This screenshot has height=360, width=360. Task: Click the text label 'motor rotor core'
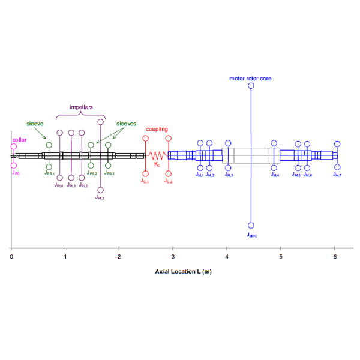pyautogui.click(x=250, y=78)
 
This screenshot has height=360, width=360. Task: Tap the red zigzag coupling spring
pyautogui.click(x=156, y=155)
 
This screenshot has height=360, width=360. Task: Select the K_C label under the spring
pyautogui.click(x=157, y=163)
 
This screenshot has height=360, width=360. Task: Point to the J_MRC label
pyautogui.click(x=252, y=235)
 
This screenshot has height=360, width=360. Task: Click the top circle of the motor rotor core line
pyautogui.click(x=251, y=86)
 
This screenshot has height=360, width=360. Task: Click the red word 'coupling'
pyautogui.click(x=157, y=129)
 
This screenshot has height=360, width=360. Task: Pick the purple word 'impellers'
pyautogui.click(x=80, y=107)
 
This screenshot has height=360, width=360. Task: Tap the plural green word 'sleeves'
pyautogui.click(x=127, y=123)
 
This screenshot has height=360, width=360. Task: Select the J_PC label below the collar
pyautogui.click(x=16, y=172)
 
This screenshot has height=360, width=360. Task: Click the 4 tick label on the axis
pyautogui.click(x=227, y=256)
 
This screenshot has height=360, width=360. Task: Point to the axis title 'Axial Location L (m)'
pyautogui.click(x=182, y=271)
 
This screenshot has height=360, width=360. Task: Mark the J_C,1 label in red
pyautogui.click(x=145, y=180)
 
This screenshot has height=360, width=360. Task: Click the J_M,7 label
pyautogui.click(x=337, y=175)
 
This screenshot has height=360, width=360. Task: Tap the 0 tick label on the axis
pyautogui.click(x=11, y=256)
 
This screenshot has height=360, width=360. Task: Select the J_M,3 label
pyautogui.click(x=229, y=175)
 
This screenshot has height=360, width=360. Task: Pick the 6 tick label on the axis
pyautogui.click(x=335, y=256)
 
